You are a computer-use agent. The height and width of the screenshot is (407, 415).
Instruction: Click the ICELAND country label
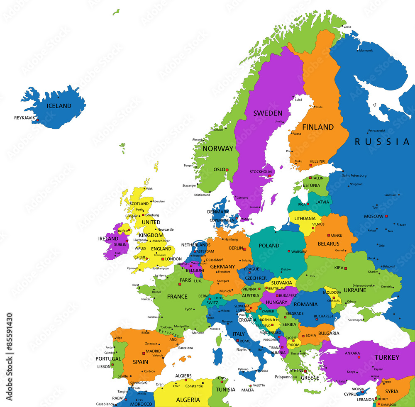(59, 106)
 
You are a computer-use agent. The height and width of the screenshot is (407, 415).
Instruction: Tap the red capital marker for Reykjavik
(37, 120)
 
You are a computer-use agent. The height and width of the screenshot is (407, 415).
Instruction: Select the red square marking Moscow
(386, 216)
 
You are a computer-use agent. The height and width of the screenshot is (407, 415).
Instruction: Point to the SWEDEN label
(268, 113)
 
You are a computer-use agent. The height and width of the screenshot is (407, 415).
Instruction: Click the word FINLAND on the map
(318, 127)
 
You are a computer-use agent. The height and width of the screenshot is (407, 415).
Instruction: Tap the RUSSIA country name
(382, 142)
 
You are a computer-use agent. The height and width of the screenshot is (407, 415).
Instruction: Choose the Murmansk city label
(366, 51)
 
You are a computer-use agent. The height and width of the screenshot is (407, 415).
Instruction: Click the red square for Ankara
(359, 357)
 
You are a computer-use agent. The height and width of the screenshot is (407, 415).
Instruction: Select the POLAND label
(269, 246)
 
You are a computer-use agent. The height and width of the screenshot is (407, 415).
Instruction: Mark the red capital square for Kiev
(345, 268)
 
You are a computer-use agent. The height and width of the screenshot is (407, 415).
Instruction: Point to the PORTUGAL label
(108, 359)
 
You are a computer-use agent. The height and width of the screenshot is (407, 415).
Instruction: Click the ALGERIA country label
(188, 400)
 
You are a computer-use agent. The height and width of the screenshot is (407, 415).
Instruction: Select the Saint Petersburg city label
(354, 175)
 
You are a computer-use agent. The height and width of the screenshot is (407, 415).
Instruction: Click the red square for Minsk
(329, 235)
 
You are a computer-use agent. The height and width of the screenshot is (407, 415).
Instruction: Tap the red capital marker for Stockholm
(269, 176)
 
